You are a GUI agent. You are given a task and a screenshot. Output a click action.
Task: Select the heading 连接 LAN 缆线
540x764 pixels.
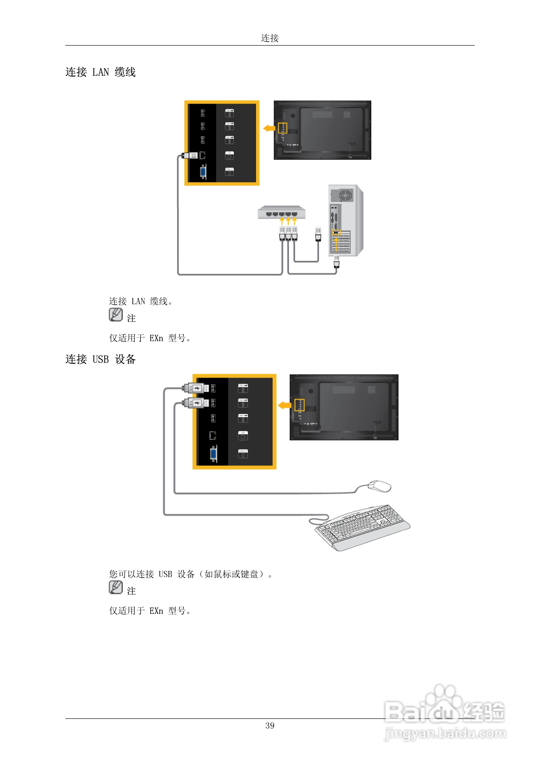pos(100,72)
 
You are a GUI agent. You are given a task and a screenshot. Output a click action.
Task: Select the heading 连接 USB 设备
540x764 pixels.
pos(100,359)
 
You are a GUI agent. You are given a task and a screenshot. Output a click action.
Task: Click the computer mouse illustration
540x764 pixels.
pos(379,486)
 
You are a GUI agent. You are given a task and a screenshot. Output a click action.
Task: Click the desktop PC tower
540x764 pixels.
pos(345,220)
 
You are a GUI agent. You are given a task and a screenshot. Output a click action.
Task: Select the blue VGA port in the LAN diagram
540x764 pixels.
pos(203,172)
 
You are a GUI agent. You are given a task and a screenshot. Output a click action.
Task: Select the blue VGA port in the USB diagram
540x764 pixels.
pos(213,454)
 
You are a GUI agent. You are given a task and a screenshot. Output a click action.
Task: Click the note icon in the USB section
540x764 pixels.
pos(115,587)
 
